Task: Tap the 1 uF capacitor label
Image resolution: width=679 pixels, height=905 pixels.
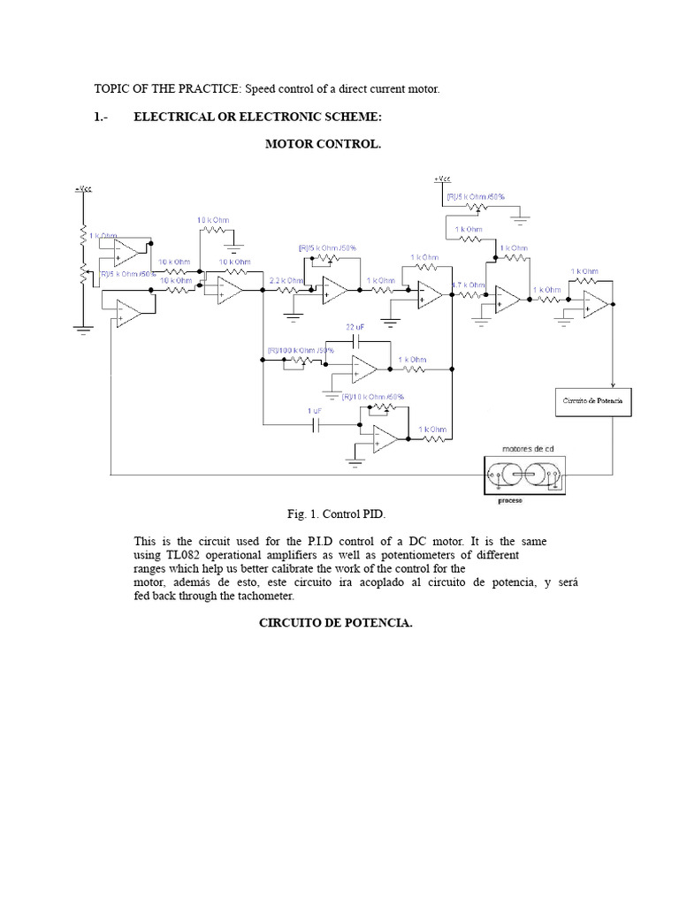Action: pos(315,413)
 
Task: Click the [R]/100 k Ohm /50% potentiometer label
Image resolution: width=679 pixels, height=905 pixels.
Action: pos(301,351)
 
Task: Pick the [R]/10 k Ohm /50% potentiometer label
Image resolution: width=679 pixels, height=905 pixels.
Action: pos(373,397)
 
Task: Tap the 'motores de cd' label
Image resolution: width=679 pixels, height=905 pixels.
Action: pos(528,448)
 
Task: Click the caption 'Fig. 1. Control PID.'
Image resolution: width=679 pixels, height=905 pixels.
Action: pos(337,513)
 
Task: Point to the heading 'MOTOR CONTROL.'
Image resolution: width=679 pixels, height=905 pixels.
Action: pos(324,144)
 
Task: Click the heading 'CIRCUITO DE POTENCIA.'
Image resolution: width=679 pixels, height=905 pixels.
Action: pos(335,623)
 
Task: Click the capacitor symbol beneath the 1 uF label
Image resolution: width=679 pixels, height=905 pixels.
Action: pos(315,425)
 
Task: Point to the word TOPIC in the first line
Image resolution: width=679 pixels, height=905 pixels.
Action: pos(112,89)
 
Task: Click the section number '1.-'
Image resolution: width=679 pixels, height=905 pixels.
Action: pos(100,117)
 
